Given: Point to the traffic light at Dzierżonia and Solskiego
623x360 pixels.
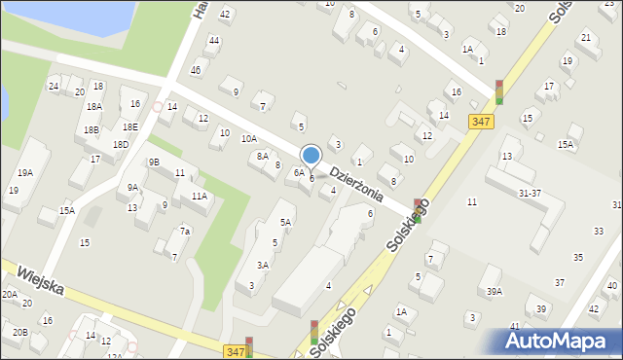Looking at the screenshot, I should pos(418,209).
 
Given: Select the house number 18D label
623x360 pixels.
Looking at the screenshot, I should pos(120,145).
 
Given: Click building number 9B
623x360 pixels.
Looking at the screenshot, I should pos(154,162).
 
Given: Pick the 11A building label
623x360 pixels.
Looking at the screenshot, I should pos(199,196).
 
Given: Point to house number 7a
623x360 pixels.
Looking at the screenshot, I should pos(184,232).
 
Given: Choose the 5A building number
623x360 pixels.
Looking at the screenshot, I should pos(285,222).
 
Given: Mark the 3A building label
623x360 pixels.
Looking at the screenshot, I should pos(263,265).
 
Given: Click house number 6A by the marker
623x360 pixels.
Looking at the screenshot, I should pos(299,172).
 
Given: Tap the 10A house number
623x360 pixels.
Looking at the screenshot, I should pos(249,139).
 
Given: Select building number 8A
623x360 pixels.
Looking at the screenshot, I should pos(262,156).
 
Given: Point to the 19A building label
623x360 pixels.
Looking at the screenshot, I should pos(24,172).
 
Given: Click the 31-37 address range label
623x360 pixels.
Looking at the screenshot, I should pos(530,193).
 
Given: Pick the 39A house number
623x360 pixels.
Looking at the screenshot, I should pos(495,292).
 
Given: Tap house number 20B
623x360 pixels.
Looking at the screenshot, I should pos(20,332).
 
